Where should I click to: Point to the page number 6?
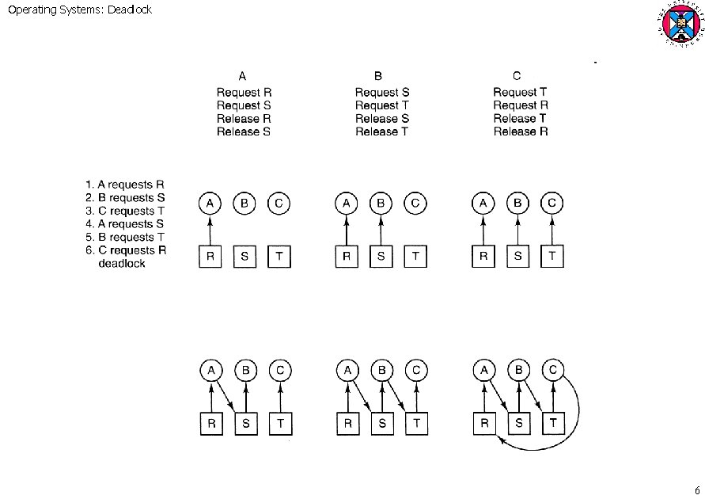click(x=696, y=489)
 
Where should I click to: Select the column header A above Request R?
click(x=243, y=77)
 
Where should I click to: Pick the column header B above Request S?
click(x=378, y=77)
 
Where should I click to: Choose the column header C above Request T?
click(x=517, y=77)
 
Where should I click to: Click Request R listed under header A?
click(x=244, y=93)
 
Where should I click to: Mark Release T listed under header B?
click(x=381, y=131)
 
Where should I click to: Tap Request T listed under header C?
click(x=520, y=93)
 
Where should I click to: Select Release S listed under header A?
click(x=244, y=131)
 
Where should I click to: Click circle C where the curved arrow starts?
click(x=553, y=371)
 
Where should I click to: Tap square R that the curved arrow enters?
click(x=483, y=424)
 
